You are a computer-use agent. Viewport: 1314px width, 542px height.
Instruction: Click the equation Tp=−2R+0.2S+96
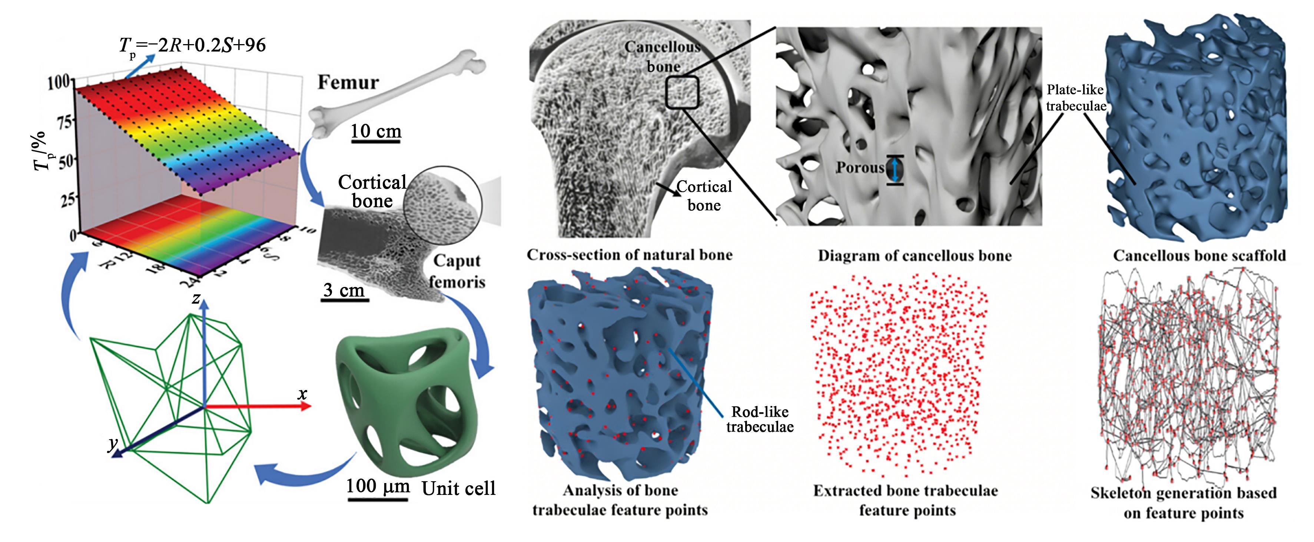(193, 46)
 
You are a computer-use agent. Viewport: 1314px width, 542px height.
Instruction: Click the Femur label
(348, 83)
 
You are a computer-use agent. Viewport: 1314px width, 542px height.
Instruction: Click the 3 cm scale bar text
(344, 290)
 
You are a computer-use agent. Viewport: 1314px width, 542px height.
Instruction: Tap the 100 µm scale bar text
(378, 486)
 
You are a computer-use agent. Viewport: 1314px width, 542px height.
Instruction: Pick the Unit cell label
(459, 489)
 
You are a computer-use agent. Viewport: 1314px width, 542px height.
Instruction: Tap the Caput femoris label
(457, 271)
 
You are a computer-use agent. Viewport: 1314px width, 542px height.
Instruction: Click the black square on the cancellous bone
(681, 92)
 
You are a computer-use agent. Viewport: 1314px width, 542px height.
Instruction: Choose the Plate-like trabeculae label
(1075, 98)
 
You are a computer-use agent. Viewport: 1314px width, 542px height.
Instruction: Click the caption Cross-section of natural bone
(630, 255)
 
